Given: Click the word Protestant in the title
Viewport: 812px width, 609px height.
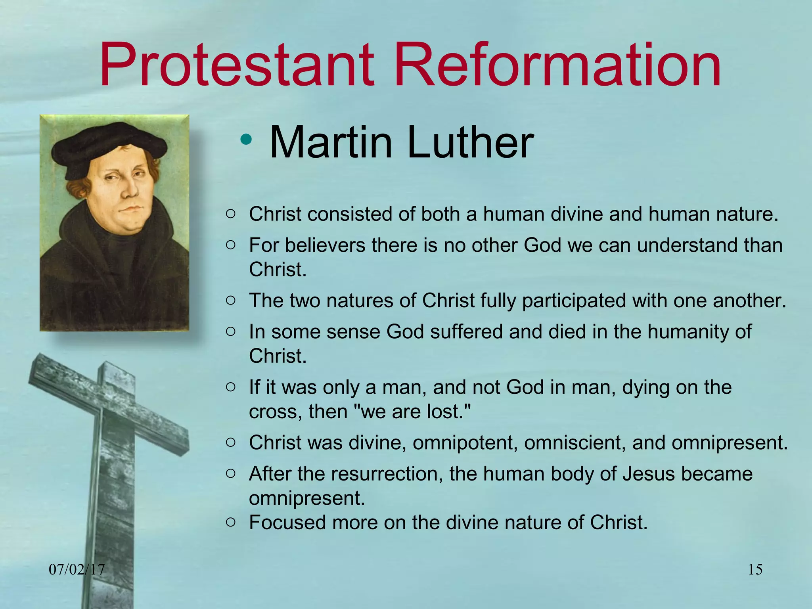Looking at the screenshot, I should click(237, 65).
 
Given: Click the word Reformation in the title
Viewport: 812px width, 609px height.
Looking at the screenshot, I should click(557, 65).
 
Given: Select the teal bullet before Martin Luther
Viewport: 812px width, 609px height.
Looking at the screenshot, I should click(246, 139).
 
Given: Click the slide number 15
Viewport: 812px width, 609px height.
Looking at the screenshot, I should click(755, 570).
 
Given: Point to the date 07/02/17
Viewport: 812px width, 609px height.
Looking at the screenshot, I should click(77, 570).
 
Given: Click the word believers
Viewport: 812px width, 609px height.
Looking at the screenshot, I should click(325, 245).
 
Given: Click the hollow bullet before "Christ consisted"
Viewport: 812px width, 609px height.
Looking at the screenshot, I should click(230, 214).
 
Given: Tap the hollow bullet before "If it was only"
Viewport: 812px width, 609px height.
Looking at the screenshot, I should click(230, 387).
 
